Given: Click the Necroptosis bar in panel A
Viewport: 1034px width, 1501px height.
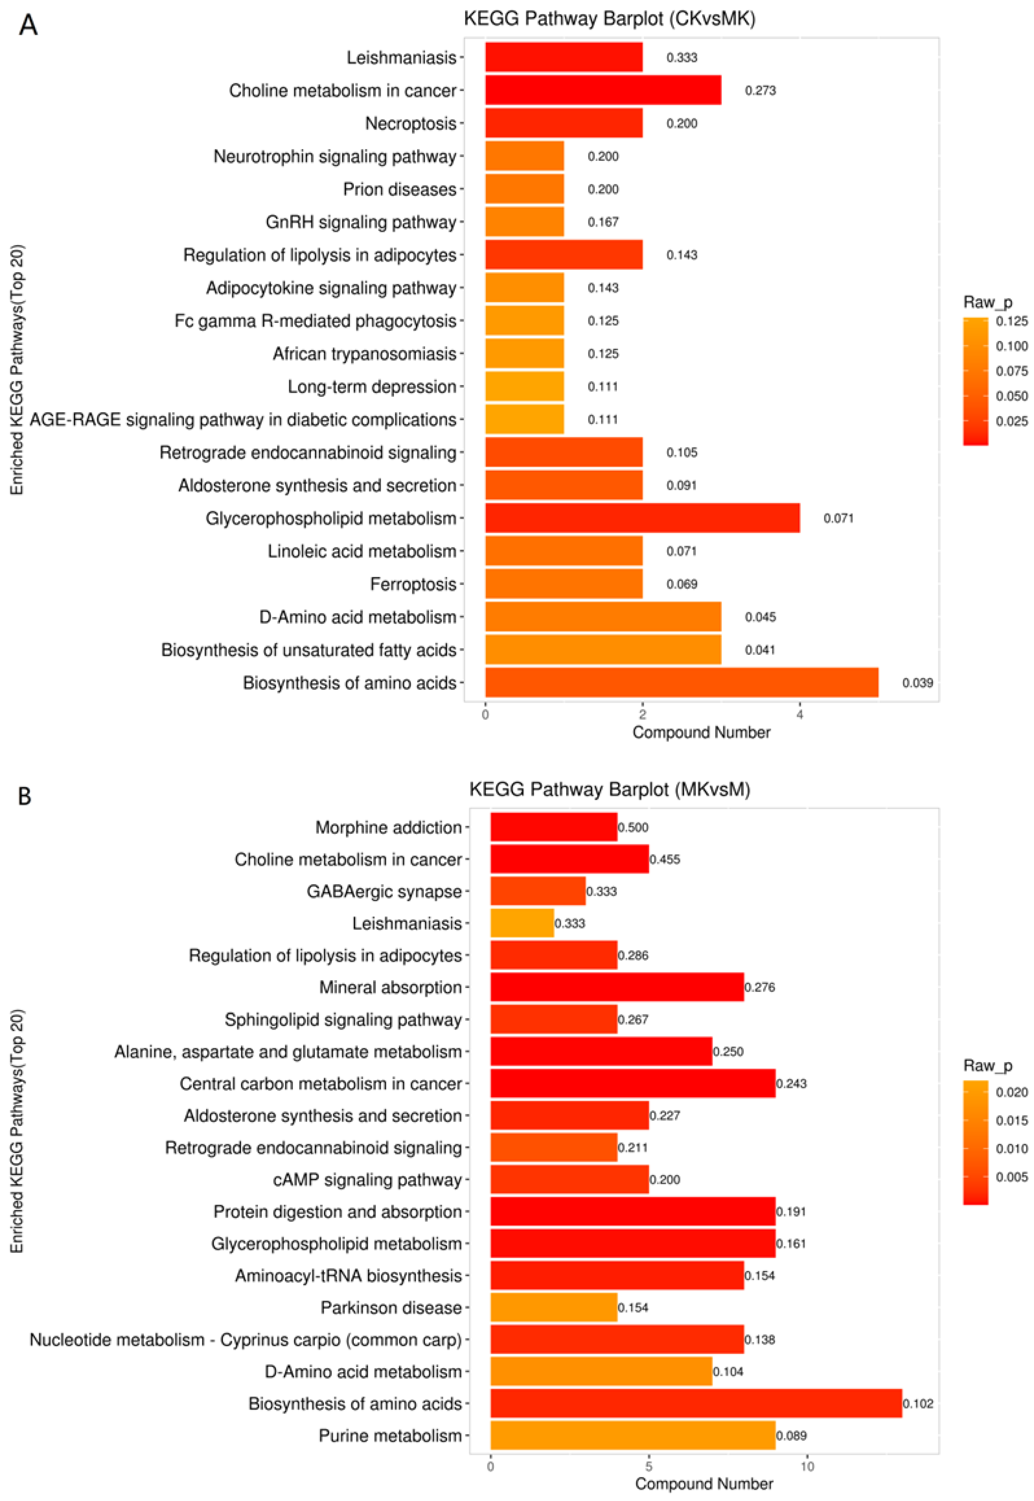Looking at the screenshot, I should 564,123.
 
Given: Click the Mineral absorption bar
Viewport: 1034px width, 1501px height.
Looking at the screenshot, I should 617,988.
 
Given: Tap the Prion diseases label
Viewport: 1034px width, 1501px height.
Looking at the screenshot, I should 400,189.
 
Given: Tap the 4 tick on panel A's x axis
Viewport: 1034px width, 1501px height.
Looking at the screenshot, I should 799,715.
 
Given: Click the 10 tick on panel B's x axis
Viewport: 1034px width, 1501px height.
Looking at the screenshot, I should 807,1467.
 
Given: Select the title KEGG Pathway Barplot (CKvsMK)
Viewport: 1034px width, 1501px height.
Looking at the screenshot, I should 609,19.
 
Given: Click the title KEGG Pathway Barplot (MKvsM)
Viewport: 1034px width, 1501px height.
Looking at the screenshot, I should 609,789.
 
